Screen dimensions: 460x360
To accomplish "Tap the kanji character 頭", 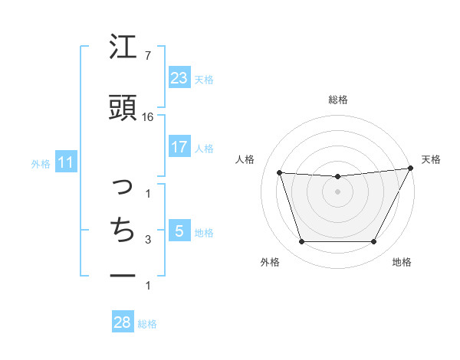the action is [x=123, y=108].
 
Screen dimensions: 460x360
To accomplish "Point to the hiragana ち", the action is [x=123, y=230].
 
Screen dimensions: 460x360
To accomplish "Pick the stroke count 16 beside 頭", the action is [x=149, y=116].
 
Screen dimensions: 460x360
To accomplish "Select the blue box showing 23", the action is [x=179, y=77].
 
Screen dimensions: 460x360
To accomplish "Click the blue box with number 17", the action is [x=179, y=147].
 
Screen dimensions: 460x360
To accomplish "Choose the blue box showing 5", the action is [x=179, y=231].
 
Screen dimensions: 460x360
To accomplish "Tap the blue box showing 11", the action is [x=66, y=162].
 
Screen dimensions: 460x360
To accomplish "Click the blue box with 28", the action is [x=123, y=322].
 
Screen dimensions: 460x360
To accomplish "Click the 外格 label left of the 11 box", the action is [x=41, y=163].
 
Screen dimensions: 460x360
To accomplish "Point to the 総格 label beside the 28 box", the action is [x=148, y=324].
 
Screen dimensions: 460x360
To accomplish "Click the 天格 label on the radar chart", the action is [x=431, y=159].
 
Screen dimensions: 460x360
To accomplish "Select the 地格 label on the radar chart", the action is [x=402, y=262].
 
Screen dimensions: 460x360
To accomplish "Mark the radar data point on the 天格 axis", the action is [x=411, y=169].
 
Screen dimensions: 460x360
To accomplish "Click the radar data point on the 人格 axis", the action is [x=280, y=173].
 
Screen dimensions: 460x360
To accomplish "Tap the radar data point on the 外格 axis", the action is [x=301, y=242].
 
